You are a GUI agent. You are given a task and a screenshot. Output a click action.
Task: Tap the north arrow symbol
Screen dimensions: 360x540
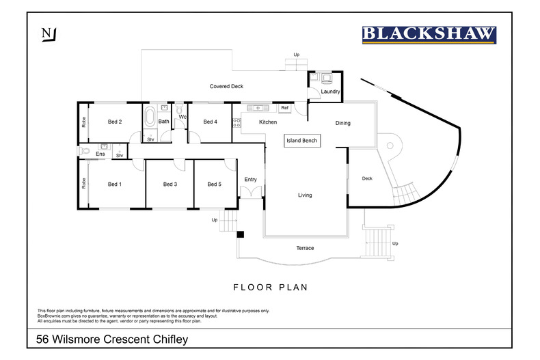click(47, 34)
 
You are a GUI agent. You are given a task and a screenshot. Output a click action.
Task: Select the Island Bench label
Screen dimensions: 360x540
click(302, 140)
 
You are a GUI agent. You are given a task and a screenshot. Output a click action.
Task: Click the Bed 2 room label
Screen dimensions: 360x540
click(115, 122)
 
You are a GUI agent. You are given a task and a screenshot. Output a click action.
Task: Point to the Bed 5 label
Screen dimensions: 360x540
click(214, 184)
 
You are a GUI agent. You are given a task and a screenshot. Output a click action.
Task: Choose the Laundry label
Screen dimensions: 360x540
click(330, 91)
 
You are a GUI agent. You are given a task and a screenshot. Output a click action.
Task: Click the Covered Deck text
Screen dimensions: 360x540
click(226, 86)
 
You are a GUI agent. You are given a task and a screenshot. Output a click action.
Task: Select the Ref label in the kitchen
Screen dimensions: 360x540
click(284, 108)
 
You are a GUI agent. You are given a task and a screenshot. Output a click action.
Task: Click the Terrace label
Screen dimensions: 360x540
click(305, 248)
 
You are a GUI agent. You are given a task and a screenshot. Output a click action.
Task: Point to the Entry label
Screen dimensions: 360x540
click(250, 180)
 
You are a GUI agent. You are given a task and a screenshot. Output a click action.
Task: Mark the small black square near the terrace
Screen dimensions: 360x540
click(241, 235)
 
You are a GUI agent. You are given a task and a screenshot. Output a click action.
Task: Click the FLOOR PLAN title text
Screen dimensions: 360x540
click(270, 288)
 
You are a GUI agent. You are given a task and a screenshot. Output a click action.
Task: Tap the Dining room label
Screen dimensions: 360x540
click(342, 123)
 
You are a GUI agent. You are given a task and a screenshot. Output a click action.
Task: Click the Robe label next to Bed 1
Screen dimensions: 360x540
click(83, 183)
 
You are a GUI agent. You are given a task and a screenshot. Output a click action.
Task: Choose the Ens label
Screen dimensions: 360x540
click(100, 154)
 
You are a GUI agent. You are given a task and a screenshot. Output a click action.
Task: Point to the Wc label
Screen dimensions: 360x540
click(183, 117)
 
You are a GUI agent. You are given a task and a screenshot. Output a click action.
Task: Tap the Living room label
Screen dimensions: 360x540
click(305, 195)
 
